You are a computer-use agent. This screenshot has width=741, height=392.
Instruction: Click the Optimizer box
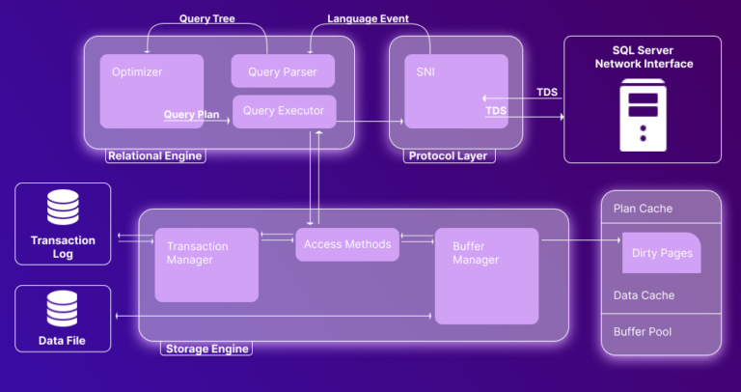pos(151,91)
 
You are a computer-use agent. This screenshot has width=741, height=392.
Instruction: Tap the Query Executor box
pos(283,111)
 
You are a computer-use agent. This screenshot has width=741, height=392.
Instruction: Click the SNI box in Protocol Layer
pos(455,91)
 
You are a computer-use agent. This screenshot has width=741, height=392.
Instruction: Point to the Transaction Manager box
pos(206,264)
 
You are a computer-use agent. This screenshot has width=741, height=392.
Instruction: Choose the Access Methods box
pos(347,244)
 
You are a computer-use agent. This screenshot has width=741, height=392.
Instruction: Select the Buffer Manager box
pos(486,275)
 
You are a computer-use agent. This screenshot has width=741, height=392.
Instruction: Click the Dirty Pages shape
pos(661,253)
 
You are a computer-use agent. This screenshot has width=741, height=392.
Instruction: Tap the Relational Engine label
pos(155,155)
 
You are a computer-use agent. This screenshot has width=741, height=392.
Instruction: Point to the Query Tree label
pos(206,18)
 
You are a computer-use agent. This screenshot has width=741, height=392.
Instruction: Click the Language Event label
pos(368,18)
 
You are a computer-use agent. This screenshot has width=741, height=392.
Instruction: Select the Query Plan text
pos(191,114)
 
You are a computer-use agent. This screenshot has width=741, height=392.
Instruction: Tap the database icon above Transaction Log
pos(63,208)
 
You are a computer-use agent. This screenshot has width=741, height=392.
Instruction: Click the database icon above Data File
pos(63,308)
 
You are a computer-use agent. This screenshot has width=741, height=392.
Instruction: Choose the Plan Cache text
pos(643,209)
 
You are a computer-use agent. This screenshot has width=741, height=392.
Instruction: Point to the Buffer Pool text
pos(644,331)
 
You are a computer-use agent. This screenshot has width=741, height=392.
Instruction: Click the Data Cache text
pos(644,295)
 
